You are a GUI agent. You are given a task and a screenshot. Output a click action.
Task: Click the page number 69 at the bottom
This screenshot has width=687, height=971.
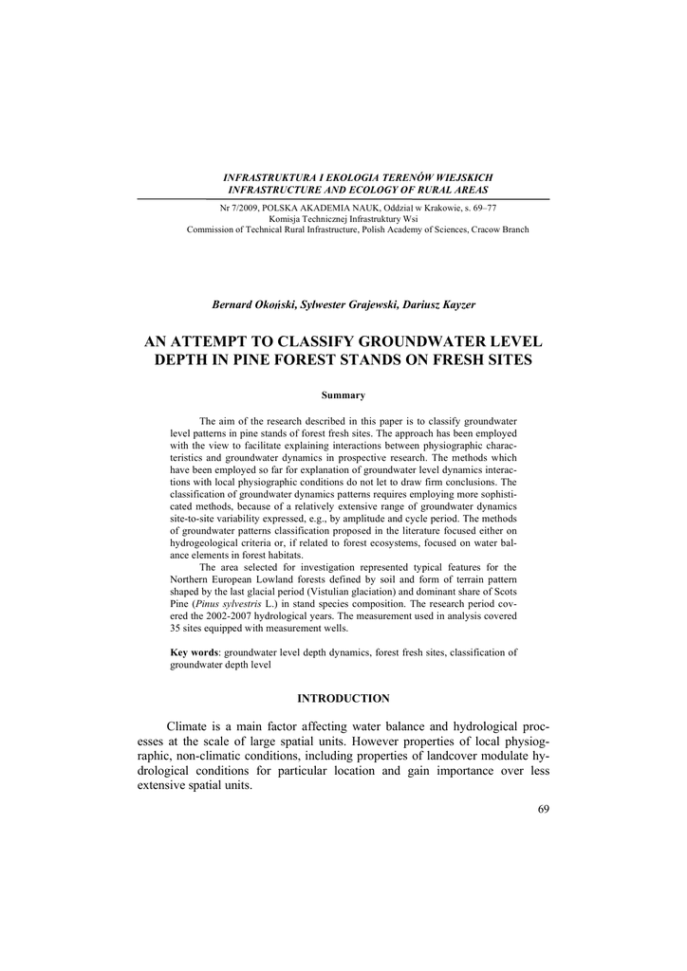pos(543,809)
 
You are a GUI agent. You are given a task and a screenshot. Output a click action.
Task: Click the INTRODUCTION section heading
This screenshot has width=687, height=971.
pos(343,699)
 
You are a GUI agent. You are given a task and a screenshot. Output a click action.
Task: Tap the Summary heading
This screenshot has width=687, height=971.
pos(343,394)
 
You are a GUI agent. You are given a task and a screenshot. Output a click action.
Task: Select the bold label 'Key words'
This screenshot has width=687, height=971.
pos(195,652)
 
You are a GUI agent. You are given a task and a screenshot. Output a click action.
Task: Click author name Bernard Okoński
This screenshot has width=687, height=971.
pos(253,304)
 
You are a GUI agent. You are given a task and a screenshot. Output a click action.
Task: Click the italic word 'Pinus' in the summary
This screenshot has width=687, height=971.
pos(214,603)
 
